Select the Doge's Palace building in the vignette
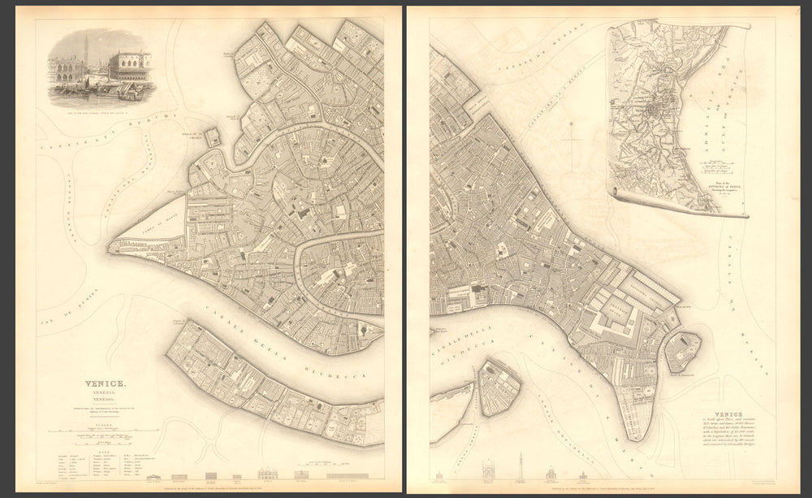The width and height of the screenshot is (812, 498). [x=130, y=64]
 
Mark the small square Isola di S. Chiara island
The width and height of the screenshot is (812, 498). [x=212, y=136]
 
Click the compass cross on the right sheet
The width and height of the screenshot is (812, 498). [x=573, y=141]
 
